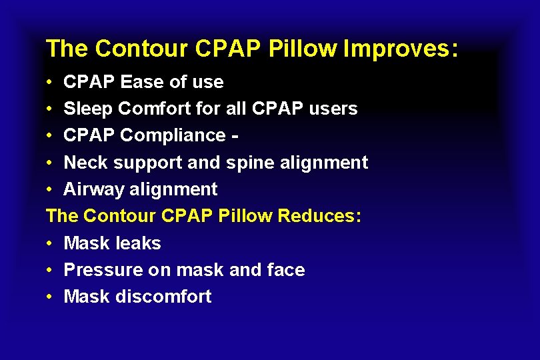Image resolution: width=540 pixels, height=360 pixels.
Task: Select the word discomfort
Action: (163, 297)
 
